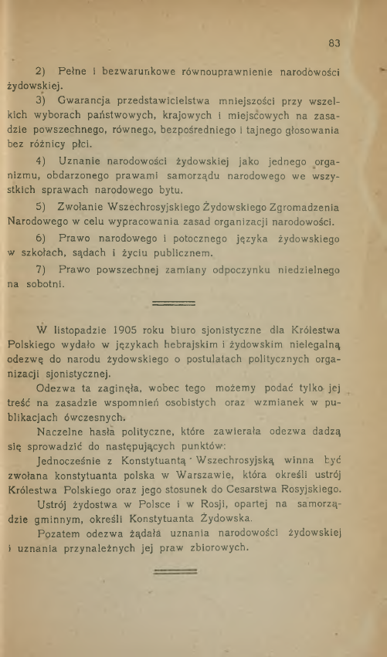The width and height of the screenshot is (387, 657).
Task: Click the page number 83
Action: click(334, 43)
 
